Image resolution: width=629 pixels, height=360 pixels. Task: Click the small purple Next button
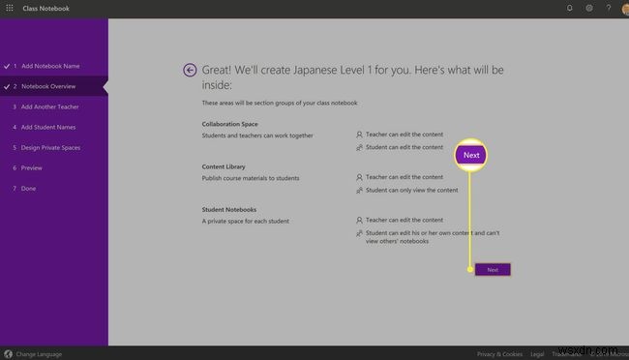(493, 270)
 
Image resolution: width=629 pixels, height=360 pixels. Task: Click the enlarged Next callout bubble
(471, 155)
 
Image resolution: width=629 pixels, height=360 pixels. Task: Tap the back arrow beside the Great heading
(190, 70)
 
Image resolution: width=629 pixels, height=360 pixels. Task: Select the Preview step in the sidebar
(32, 167)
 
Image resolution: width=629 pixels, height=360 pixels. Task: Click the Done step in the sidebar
(29, 188)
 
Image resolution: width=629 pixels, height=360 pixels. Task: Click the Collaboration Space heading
(230, 125)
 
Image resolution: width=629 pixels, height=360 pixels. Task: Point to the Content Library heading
(223, 166)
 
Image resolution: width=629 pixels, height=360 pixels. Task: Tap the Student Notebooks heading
(229, 210)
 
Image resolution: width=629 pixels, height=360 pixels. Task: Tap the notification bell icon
(569, 8)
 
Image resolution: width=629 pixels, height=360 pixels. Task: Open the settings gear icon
(589, 8)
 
